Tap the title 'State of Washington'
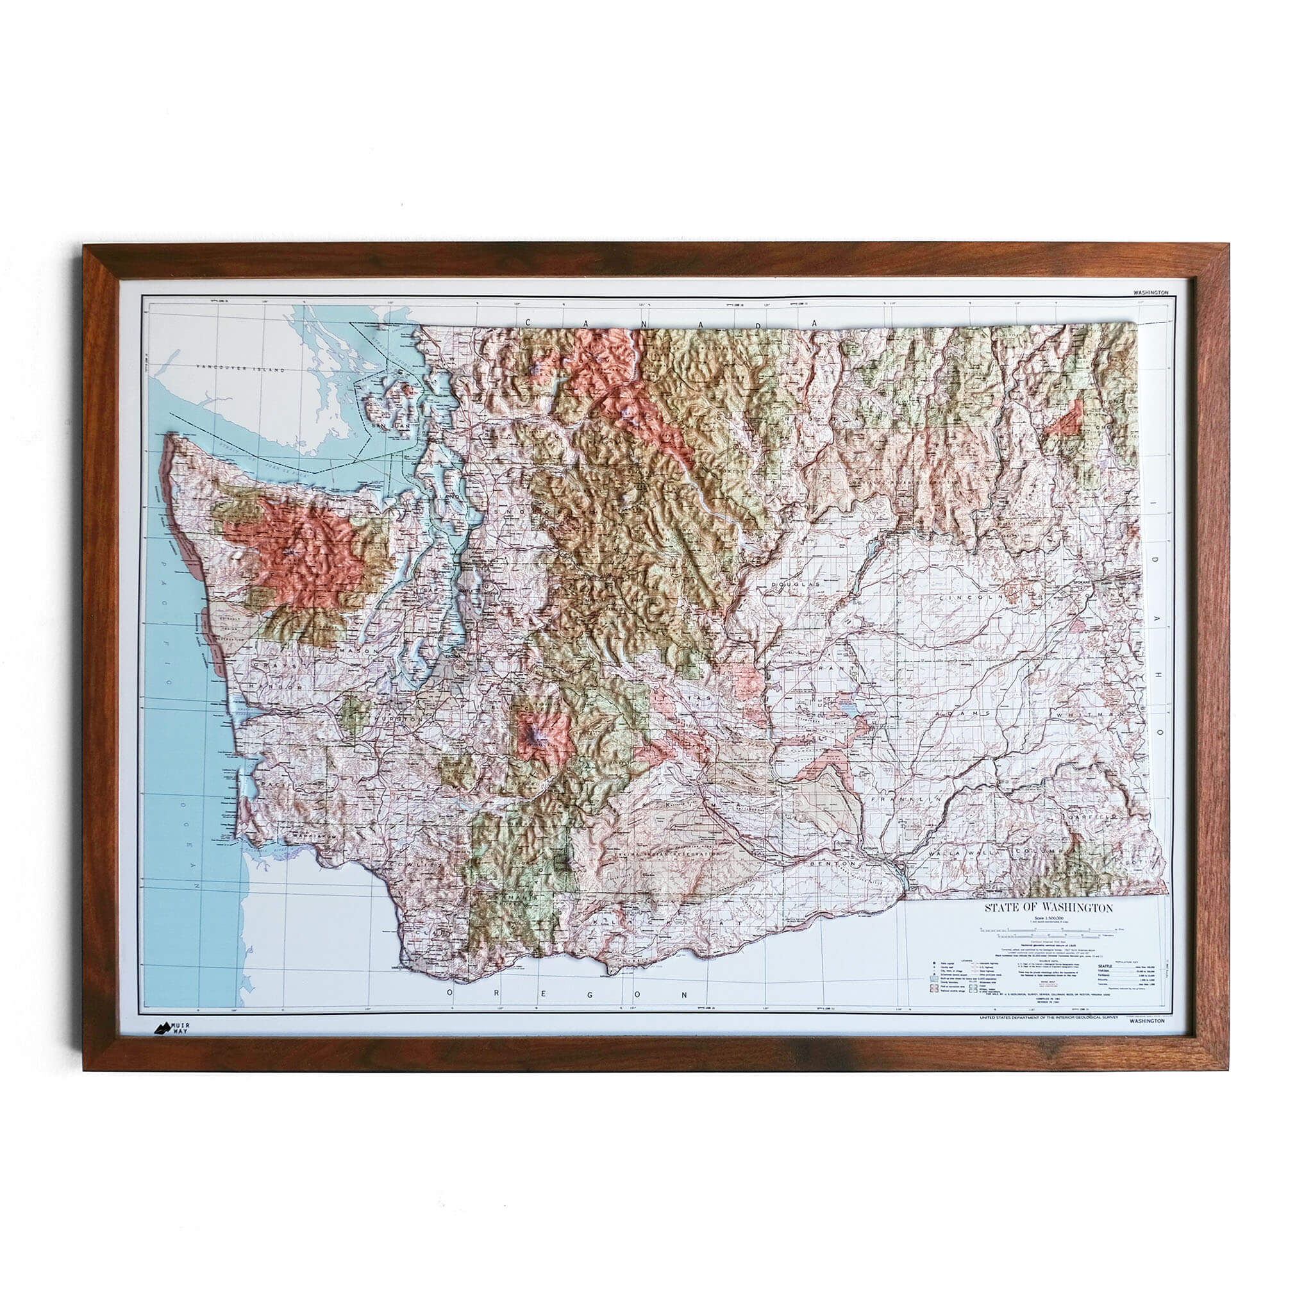coord(1049,908)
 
